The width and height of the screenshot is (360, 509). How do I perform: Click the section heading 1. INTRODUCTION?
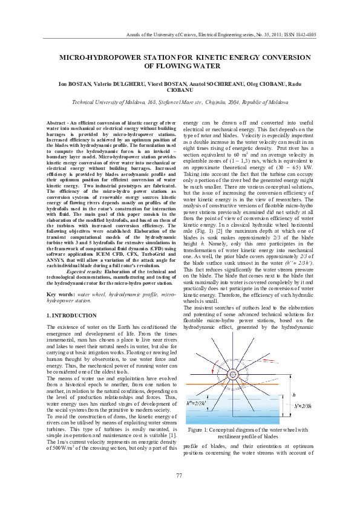pos(71,316)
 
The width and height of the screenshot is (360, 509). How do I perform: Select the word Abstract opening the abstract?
pos(56,123)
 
